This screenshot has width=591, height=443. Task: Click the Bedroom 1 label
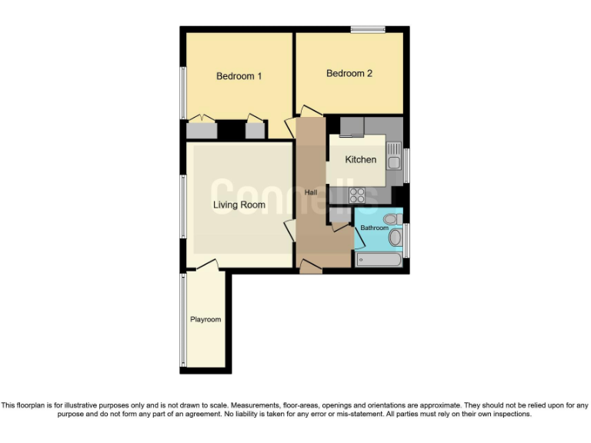point(239,76)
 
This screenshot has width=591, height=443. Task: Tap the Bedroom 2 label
point(349,74)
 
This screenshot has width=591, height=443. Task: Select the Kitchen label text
point(360,160)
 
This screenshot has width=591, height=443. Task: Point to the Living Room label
point(239,205)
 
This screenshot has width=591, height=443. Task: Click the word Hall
point(311,192)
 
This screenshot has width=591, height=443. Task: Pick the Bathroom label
point(375,228)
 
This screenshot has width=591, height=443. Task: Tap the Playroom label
point(205,320)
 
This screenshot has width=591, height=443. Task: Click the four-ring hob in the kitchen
point(357,195)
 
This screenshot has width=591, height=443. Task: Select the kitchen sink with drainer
point(393,156)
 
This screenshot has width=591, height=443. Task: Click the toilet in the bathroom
point(391,219)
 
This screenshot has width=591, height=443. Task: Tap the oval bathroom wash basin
point(396,238)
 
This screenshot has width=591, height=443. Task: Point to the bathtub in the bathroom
point(379,260)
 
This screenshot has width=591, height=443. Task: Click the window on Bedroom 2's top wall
point(368,30)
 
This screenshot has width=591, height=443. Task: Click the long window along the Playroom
point(183,319)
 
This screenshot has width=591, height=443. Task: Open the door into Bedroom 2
point(311,110)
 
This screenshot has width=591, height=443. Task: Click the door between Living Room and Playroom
point(206,265)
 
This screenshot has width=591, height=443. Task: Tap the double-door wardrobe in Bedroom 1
point(202,128)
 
